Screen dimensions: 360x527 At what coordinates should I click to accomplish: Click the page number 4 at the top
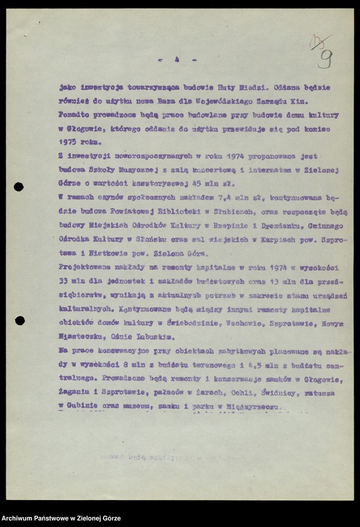click(177, 60)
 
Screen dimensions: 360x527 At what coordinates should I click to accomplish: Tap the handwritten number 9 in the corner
click(325, 58)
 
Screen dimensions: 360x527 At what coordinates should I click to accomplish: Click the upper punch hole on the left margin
click(19, 186)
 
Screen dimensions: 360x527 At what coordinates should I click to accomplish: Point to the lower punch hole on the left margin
click(19, 321)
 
